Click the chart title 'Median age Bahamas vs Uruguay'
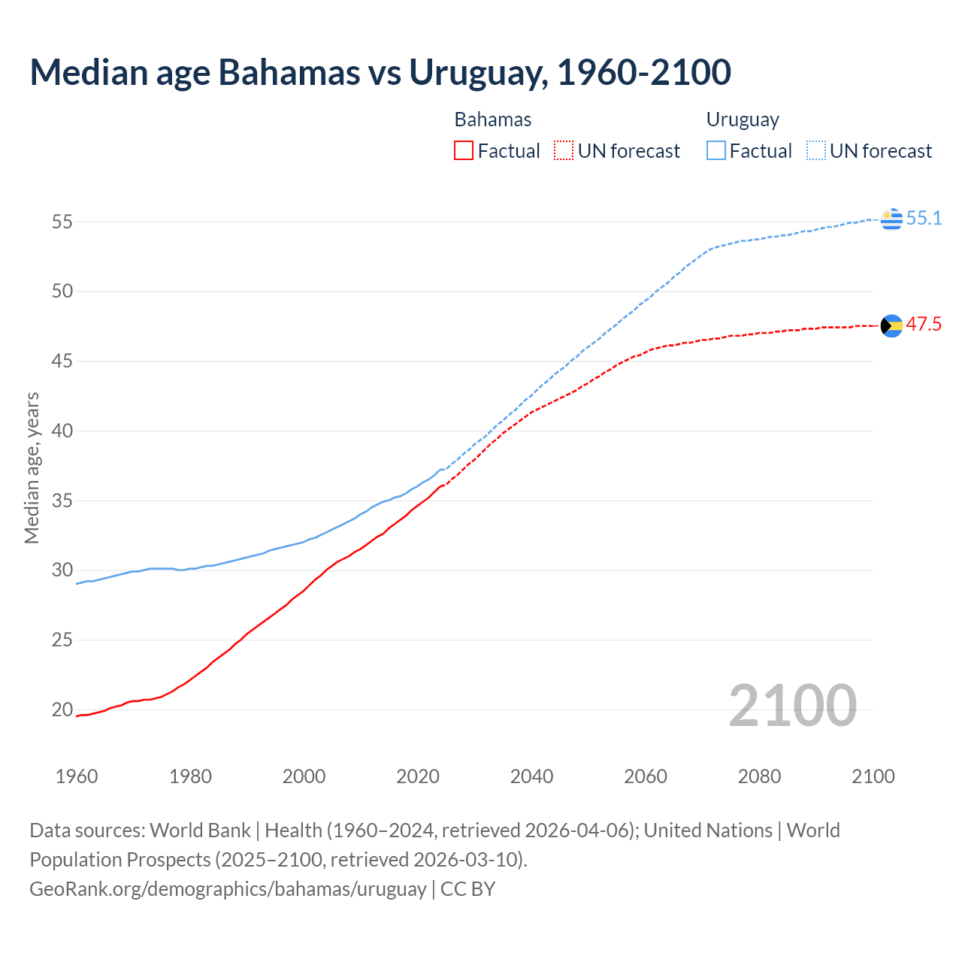tap(380, 72)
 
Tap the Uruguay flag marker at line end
tap(891, 219)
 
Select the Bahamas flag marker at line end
tap(891, 325)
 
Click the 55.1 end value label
tap(924, 219)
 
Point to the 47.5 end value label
tap(924, 325)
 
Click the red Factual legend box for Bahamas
tap(464, 151)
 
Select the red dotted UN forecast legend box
tap(564, 151)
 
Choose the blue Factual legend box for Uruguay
tap(716, 151)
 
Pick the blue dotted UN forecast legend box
tap(816, 151)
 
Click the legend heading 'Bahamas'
tap(493, 119)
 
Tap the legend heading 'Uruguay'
tap(743, 119)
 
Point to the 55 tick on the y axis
tap(62, 222)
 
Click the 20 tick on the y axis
tap(62, 709)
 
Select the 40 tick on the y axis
tap(62, 431)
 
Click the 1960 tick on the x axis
tap(77, 776)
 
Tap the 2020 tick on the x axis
tap(418, 776)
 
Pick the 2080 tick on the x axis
tap(759, 776)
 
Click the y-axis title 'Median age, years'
tap(32, 467)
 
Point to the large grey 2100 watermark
tap(792, 706)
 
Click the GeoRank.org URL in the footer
tap(228, 889)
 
